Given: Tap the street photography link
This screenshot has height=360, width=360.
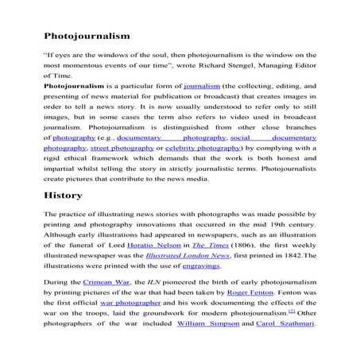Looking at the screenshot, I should (x=121, y=148).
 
